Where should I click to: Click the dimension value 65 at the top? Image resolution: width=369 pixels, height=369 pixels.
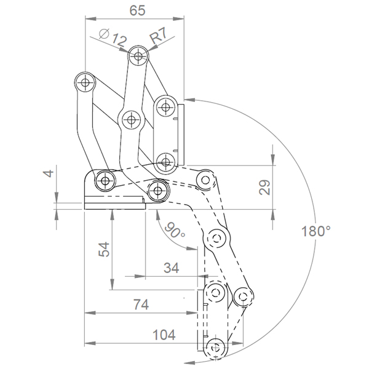138,10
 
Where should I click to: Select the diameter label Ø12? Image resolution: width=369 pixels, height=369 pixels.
113,37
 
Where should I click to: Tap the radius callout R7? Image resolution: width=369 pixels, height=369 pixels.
159,35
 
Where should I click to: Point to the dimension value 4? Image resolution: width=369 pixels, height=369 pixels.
49,173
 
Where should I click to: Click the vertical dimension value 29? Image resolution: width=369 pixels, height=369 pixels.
264,187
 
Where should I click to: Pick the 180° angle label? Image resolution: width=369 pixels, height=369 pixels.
316,231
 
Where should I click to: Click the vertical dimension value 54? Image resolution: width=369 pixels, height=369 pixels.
104,248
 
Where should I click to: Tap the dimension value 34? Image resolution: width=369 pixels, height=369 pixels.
171,268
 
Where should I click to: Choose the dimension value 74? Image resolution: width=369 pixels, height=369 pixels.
141,304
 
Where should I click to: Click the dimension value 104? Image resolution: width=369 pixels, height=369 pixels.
164,335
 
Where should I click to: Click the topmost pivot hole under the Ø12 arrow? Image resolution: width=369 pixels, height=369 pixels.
138,56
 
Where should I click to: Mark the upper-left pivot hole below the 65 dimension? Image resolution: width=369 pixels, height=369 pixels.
85,82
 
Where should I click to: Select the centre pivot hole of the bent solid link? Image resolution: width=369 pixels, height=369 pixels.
131,120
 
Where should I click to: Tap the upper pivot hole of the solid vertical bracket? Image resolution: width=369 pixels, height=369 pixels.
165,107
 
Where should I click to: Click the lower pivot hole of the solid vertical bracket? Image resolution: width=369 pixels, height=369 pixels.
165,162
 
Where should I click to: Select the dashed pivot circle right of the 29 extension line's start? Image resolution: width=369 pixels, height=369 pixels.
205,180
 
